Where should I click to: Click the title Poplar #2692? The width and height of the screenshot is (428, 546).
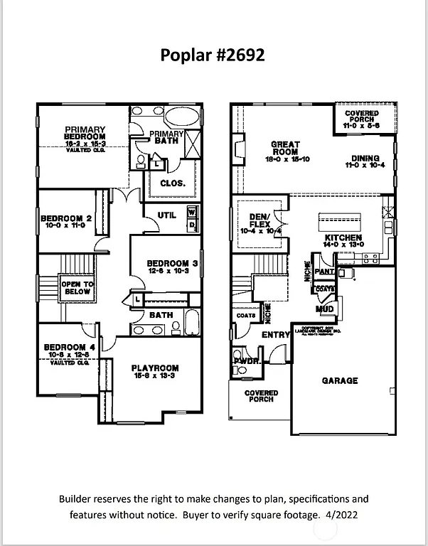tap(213, 55)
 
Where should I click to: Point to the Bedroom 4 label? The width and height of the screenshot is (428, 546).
tap(65, 350)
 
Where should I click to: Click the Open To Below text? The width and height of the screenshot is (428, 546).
tap(76, 288)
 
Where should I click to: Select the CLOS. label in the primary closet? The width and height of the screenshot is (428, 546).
tap(173, 183)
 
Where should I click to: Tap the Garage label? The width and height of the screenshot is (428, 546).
tap(340, 380)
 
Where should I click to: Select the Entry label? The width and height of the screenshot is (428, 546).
tap(276, 334)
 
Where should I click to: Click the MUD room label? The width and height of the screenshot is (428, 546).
tap(325, 309)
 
